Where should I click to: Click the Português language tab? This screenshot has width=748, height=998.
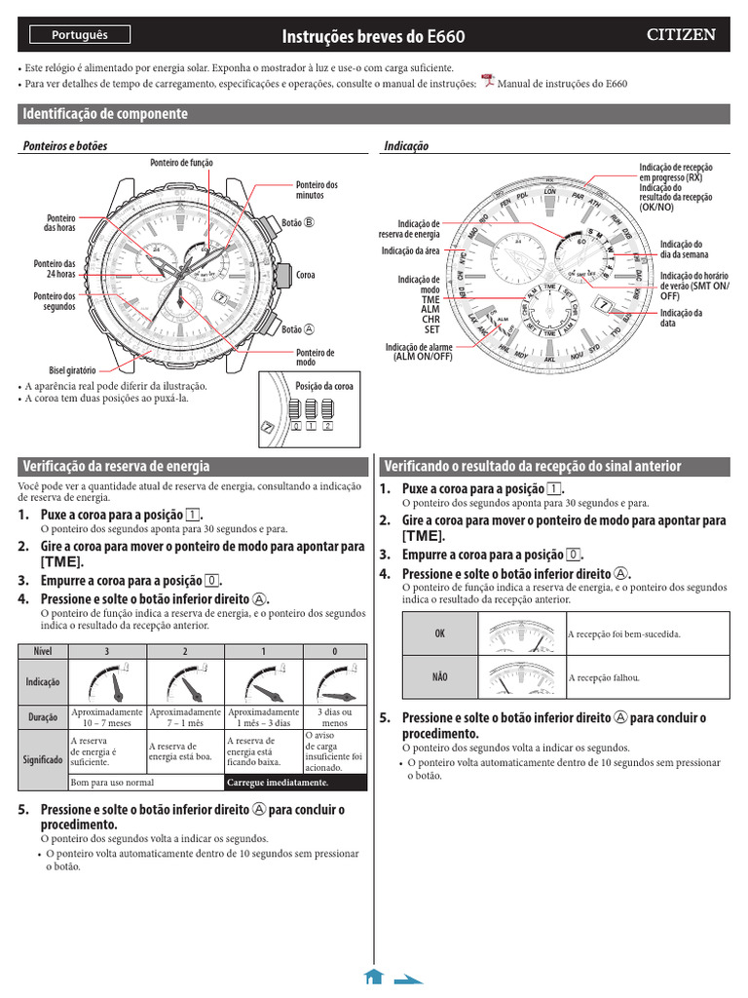tap(80, 35)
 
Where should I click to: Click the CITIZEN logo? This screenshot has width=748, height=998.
tap(682, 35)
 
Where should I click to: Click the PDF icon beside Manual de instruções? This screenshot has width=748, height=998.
tap(488, 82)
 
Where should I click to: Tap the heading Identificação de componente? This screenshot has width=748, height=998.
tap(105, 114)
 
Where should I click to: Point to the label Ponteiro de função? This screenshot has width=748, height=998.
tap(181, 162)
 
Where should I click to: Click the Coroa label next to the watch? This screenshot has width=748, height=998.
tap(306, 276)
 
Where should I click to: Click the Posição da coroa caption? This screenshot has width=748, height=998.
tap(324, 386)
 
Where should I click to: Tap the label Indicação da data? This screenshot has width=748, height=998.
tap(681, 318)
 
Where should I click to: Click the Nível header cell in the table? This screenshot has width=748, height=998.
tap(43, 650)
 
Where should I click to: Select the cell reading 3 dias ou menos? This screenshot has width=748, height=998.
tap(335, 717)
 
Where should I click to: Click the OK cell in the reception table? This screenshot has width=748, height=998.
tap(440, 633)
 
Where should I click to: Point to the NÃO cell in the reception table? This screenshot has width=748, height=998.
tap(440, 677)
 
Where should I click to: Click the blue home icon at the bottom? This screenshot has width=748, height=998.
tap(372, 977)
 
